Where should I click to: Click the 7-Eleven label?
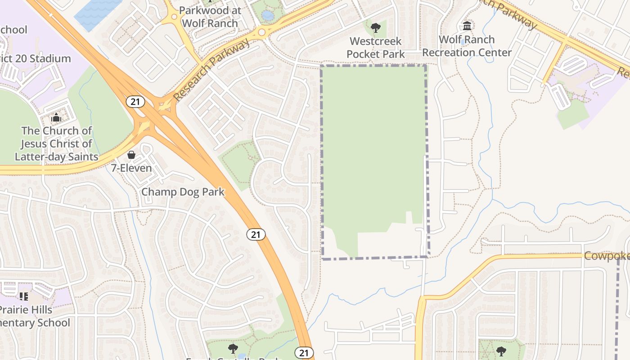tap(131, 168)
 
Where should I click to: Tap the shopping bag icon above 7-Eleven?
tap(131, 155)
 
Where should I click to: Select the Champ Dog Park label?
tap(183, 192)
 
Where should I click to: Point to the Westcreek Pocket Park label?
tap(376, 48)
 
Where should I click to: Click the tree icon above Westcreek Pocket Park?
tap(375, 28)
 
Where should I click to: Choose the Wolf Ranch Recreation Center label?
tap(467, 46)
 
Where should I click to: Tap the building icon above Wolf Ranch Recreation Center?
tap(467, 26)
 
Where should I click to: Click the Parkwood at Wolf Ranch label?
tap(210, 17)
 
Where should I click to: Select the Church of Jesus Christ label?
tap(57, 144)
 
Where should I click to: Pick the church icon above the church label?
tap(56, 118)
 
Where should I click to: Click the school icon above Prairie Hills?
tap(23, 296)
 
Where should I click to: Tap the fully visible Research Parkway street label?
tap(211, 70)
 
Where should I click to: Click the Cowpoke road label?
tap(607, 256)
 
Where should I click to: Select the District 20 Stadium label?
tap(35, 58)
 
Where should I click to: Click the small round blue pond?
tap(267, 16)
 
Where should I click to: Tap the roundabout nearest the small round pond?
tap(262, 32)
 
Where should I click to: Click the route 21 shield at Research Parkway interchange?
tap(135, 102)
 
